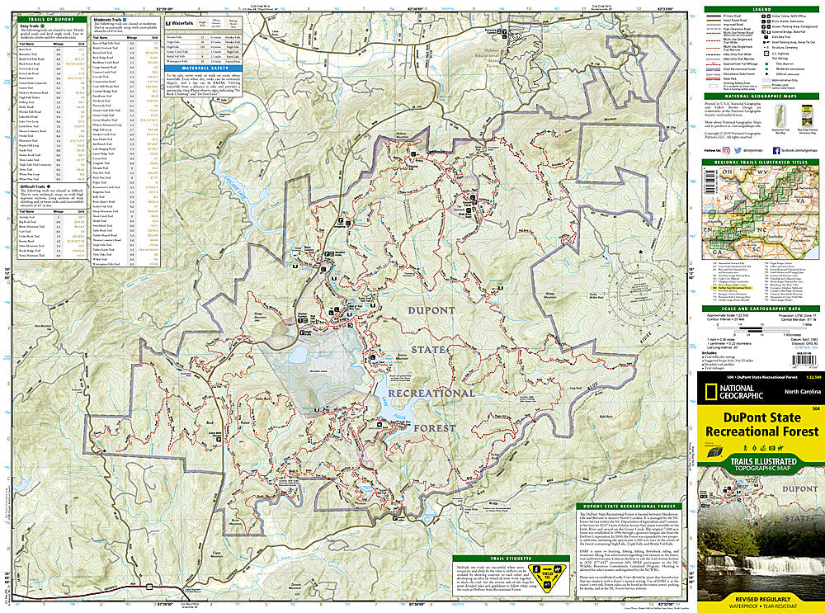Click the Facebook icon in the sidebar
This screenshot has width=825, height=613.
(775, 150)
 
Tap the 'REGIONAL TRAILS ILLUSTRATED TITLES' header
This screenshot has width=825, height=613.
(760, 163)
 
